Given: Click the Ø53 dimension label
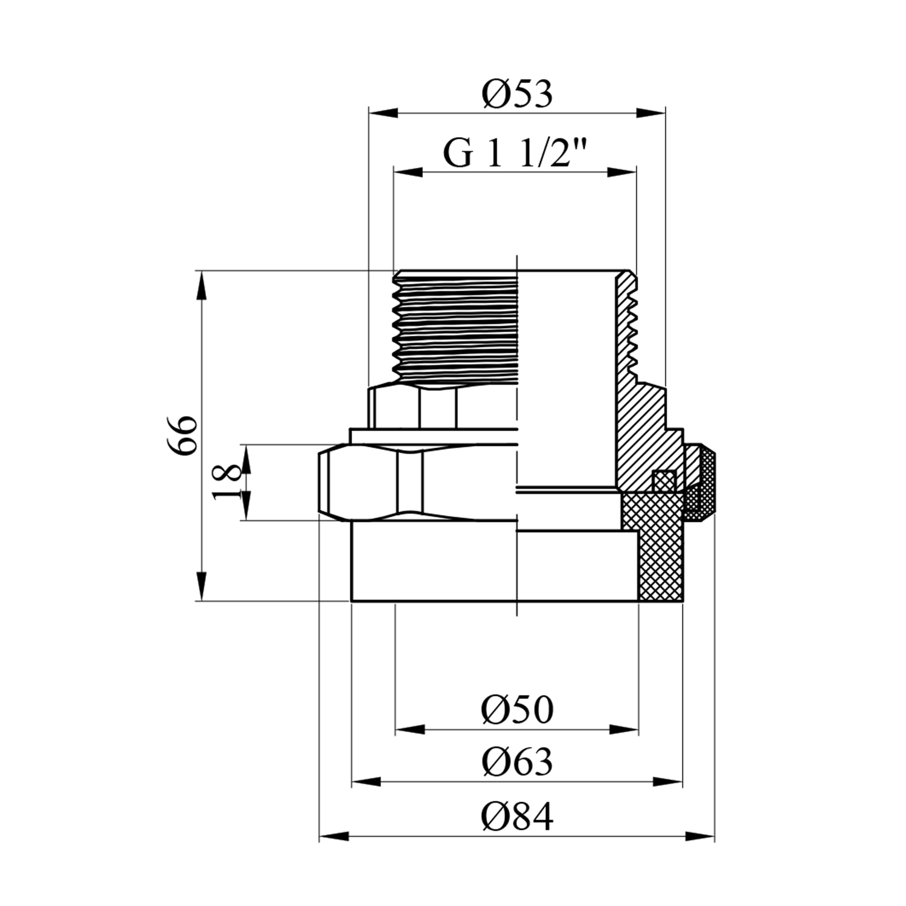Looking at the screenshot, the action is (517, 95).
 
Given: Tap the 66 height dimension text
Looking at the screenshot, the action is (182, 435).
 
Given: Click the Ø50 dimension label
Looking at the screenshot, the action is (517, 710).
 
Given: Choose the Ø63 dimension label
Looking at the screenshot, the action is (517, 762).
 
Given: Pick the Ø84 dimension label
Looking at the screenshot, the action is (517, 817).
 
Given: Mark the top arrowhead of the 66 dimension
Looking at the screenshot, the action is (202, 286).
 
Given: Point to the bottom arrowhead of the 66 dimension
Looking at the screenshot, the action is (202, 586).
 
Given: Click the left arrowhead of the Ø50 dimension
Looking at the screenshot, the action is (410, 730).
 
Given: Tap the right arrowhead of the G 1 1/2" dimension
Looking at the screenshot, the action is (622, 173).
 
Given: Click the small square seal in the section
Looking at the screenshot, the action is (664, 481).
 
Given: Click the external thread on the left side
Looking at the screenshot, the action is (455, 326).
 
